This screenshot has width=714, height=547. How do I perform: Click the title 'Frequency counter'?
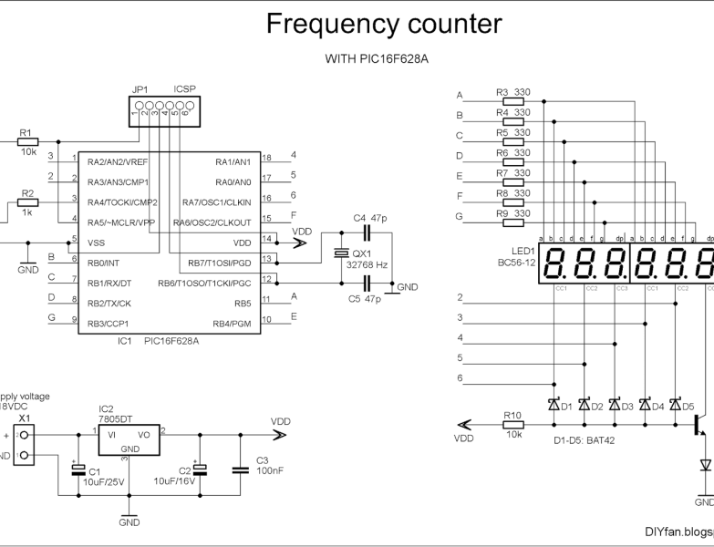(x=384, y=25)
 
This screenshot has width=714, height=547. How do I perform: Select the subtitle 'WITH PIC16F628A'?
(x=384, y=59)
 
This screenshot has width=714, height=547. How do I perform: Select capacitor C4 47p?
(x=368, y=233)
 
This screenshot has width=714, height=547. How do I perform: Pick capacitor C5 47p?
(x=368, y=283)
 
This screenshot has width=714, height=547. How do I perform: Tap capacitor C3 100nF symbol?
(x=240, y=470)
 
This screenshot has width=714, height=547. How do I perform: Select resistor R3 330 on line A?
(x=512, y=102)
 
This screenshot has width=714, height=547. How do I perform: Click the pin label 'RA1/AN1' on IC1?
(x=233, y=161)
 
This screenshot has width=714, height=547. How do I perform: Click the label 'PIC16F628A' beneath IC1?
(x=171, y=341)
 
